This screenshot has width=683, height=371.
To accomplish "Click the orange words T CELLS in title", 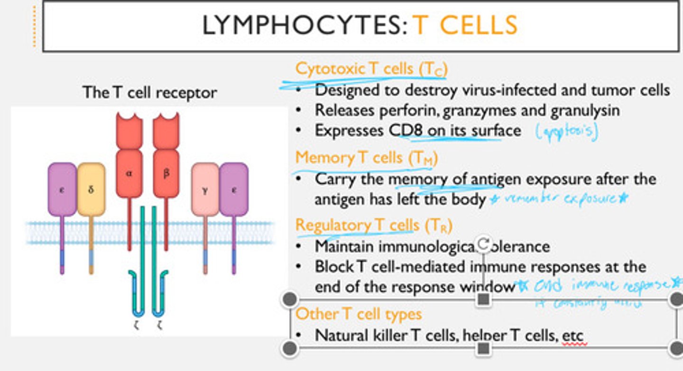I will pos(465,26).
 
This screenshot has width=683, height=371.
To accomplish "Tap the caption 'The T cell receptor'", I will pos(149,92).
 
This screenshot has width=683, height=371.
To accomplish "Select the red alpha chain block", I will pos(129,173).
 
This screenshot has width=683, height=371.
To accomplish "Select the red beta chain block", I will pos(166,173).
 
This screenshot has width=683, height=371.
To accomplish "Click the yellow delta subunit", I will pos(91,190).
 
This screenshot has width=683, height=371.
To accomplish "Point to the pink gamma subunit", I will pos(205,190).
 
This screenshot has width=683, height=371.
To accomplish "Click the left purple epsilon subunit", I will pos(62,190).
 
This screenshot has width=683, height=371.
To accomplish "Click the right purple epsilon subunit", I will pos(233,190).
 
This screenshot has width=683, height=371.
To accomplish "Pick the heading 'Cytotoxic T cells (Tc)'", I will pos(371,69).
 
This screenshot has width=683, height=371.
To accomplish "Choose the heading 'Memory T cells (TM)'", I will pos(366,157).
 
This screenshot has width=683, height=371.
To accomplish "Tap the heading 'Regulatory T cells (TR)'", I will pos(373,225).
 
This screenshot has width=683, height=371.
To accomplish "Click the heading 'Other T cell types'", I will pos(359,314).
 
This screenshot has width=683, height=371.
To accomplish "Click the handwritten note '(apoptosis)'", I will pos(566,131).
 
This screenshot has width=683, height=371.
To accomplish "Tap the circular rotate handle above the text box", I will pos(483,244).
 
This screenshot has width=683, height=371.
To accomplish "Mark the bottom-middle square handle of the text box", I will pos(483,348).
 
